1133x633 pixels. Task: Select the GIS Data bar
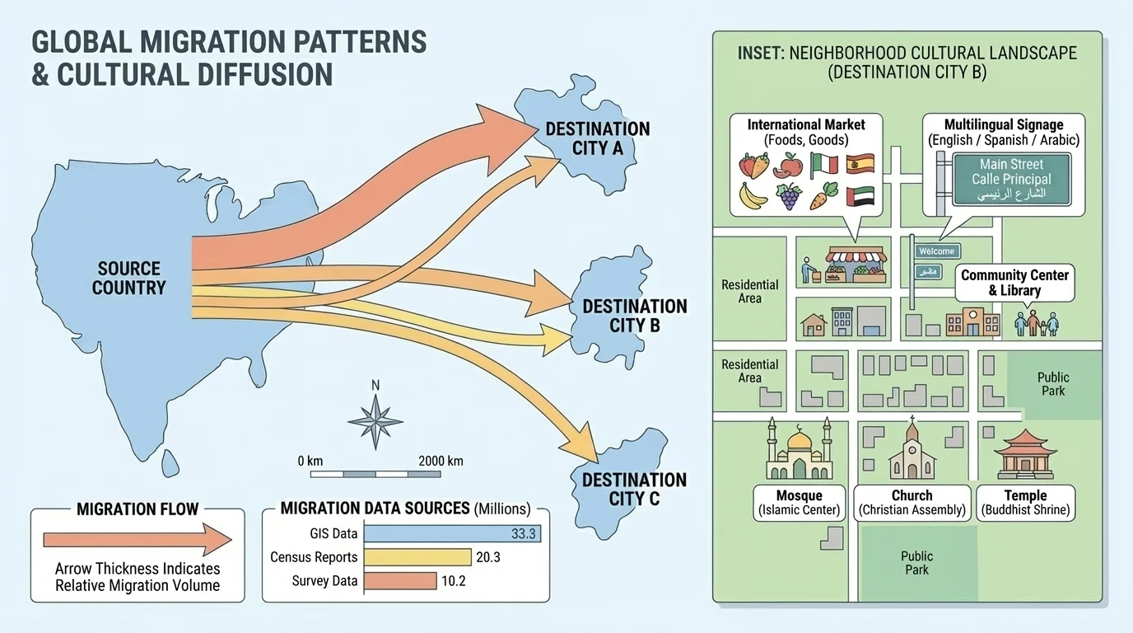(450, 533)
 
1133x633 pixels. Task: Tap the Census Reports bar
(417, 557)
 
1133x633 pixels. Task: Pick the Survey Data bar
(399, 581)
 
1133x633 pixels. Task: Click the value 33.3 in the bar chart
(523, 533)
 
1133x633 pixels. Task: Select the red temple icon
(1024, 454)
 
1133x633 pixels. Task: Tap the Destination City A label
(597, 138)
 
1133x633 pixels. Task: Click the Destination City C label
(634, 489)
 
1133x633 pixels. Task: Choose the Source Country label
(128, 278)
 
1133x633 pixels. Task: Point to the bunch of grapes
(789, 196)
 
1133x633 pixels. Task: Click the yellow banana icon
(752, 195)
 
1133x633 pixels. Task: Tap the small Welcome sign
(936, 251)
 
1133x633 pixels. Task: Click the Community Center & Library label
(1014, 283)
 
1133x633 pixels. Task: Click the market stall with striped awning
(856, 265)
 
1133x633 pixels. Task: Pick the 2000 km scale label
(441, 461)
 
